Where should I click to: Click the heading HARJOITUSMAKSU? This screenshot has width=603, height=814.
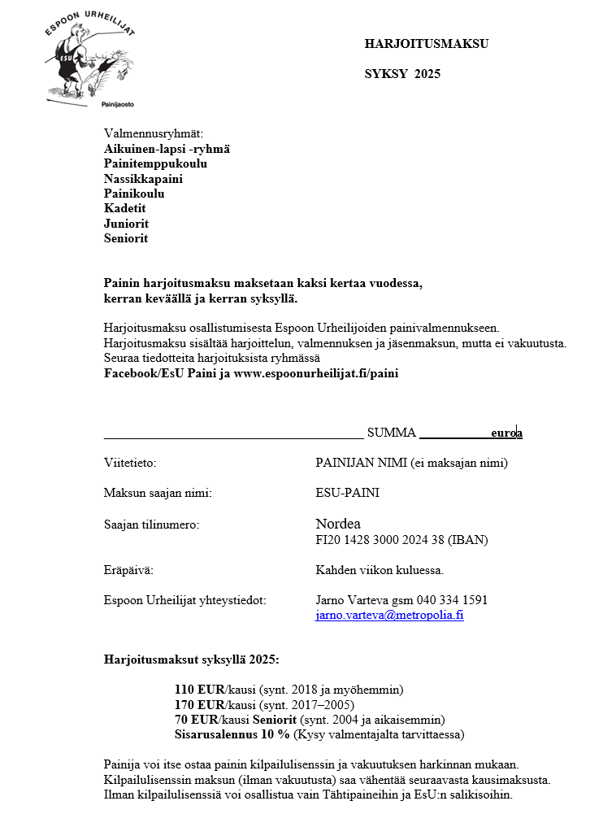426,44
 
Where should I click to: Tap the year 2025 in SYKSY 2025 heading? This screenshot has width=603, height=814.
427,74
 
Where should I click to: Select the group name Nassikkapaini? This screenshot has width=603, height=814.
143,179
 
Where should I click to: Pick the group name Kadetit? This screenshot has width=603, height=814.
125,209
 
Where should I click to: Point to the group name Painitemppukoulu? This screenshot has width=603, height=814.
155,163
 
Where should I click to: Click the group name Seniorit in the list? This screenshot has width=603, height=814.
126,239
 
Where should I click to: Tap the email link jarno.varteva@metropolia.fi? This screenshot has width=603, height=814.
389,615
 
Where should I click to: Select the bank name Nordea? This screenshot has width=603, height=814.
337,524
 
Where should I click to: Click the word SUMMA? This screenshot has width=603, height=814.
391,433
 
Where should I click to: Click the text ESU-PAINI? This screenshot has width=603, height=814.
347,493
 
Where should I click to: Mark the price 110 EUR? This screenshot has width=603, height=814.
198,690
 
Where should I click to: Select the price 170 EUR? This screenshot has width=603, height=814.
198,704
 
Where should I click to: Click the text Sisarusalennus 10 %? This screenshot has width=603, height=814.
232,734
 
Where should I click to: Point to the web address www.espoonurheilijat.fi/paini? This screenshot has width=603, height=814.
316,374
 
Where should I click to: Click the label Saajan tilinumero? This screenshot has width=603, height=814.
151,525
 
